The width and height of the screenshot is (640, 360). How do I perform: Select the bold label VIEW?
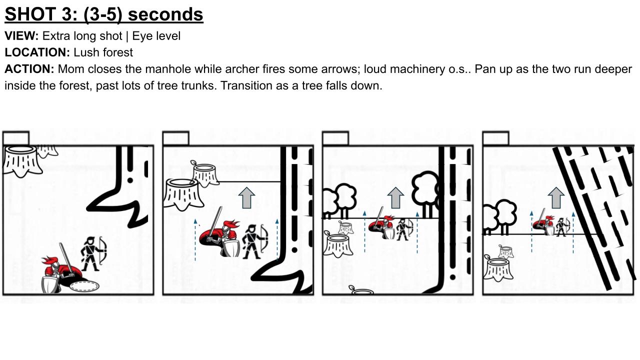tap(21, 36)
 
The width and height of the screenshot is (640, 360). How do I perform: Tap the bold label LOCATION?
tap(37, 52)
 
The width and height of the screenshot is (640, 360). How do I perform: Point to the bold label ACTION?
tap(29, 69)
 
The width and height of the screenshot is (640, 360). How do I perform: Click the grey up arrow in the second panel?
tap(246, 197)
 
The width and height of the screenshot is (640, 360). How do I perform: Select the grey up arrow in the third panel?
tap(395, 197)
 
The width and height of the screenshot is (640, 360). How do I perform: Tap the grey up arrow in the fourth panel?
tap(556, 197)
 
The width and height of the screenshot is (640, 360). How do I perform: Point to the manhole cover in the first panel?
tap(84, 286)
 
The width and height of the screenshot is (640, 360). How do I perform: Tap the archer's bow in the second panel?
tap(264, 238)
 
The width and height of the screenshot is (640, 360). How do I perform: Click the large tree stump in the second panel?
tap(183, 194)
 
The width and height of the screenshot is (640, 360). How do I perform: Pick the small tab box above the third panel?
tap(335, 138)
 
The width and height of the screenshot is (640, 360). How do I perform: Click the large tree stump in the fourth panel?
tap(498, 269)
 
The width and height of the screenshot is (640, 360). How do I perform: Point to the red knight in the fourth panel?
tap(544, 225)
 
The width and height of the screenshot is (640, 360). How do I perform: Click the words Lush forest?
tap(103, 52)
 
